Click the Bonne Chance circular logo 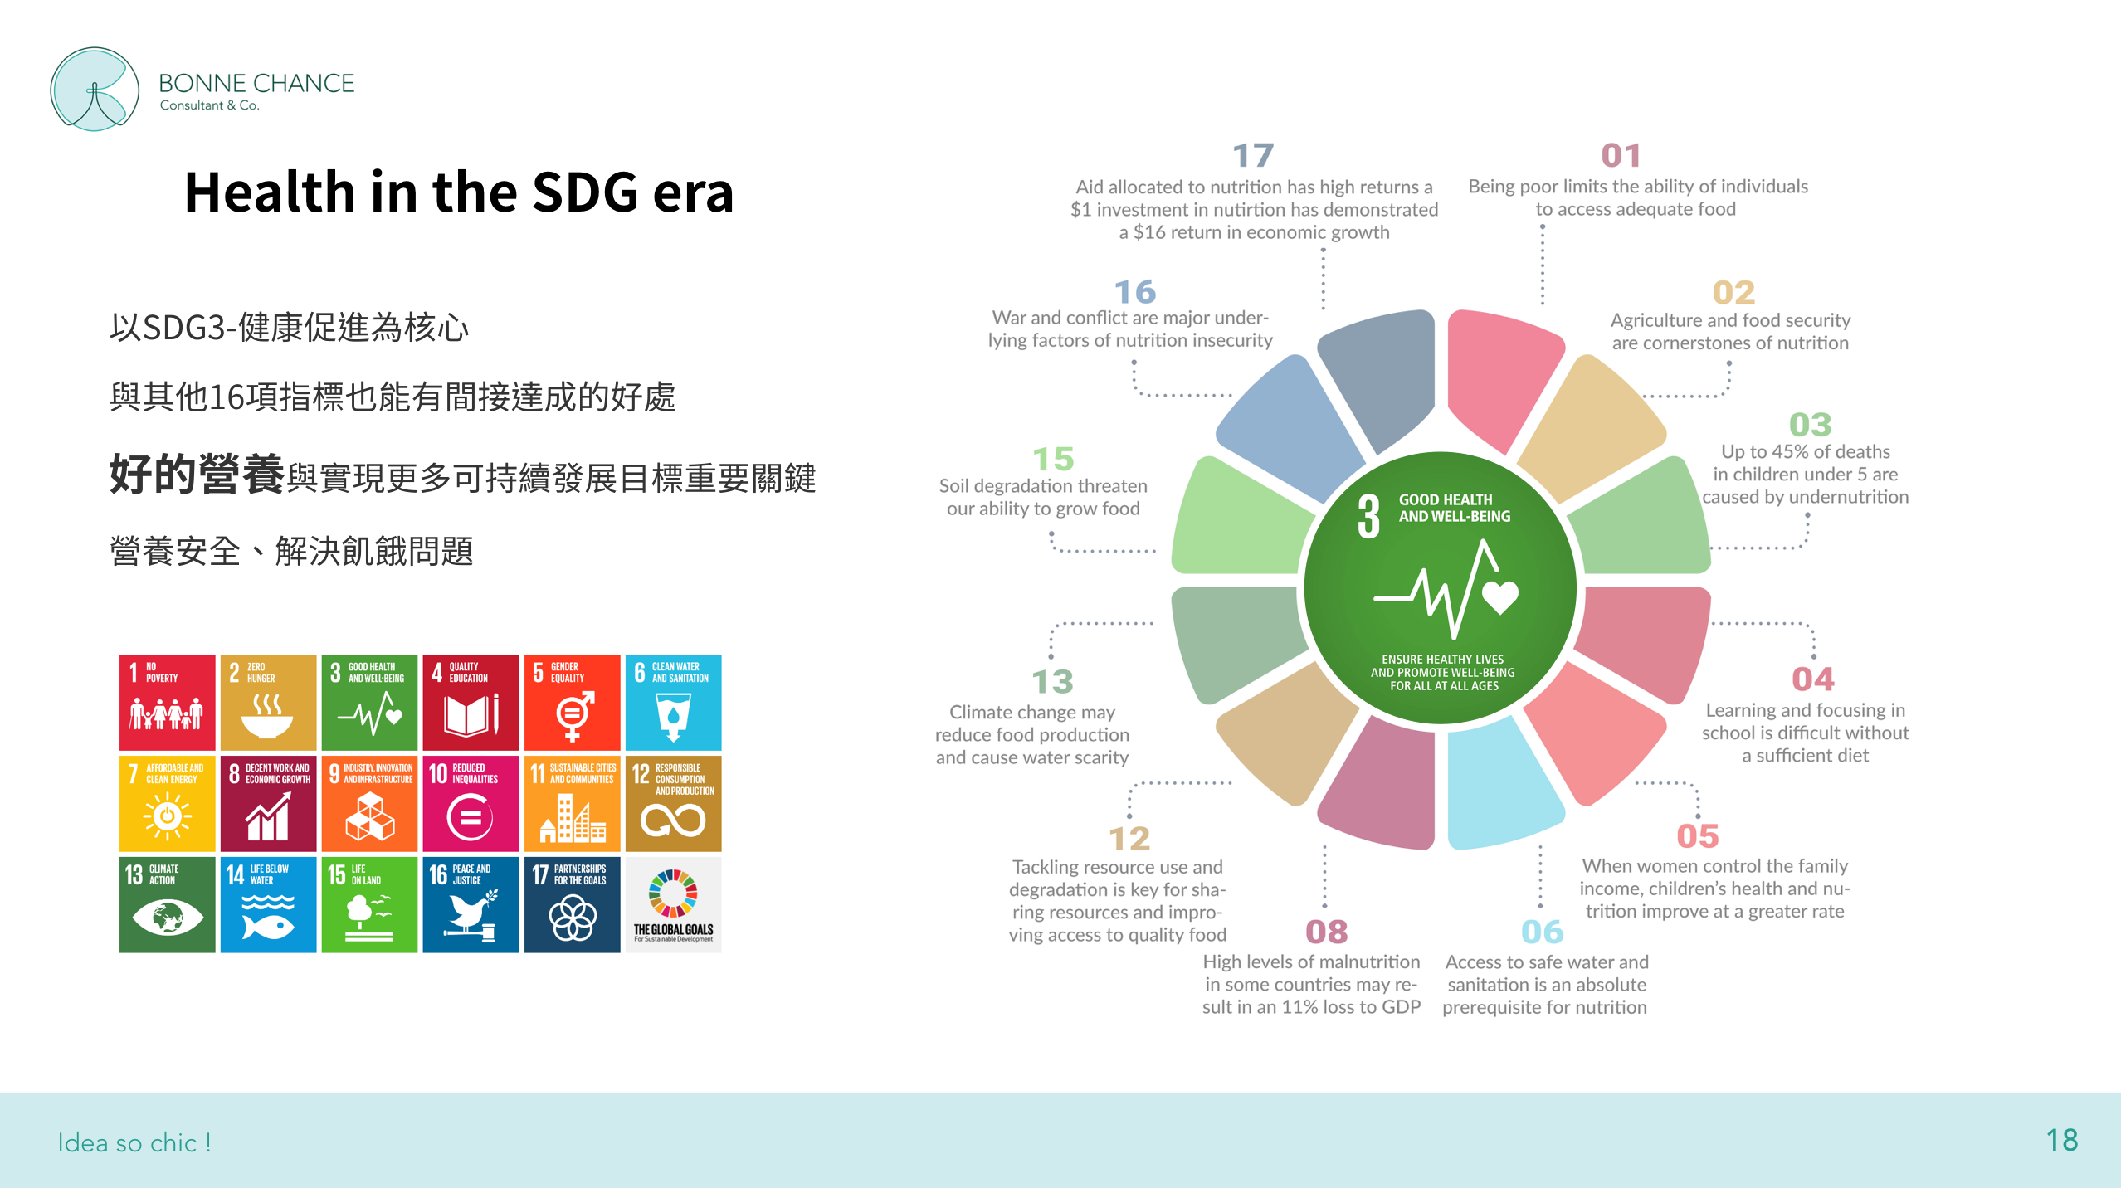click(x=95, y=89)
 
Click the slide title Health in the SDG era click(x=459, y=192)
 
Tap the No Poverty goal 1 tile click(x=168, y=703)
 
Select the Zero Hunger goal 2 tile click(x=269, y=703)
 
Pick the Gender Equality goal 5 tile click(x=573, y=703)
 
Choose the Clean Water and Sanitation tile click(x=674, y=703)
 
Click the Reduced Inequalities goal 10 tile click(x=471, y=804)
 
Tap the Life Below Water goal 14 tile click(x=269, y=905)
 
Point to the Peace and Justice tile click(x=471, y=905)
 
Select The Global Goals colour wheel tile click(x=674, y=905)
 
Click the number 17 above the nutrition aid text click(x=1253, y=155)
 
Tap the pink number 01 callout click(x=1621, y=155)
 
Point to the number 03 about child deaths click(x=1811, y=425)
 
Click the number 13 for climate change click(x=1053, y=682)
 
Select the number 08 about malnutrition click(x=1327, y=932)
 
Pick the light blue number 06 click(x=1543, y=932)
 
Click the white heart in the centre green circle click(x=1500, y=596)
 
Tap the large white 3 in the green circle click(x=1369, y=516)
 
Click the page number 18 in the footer click(x=2062, y=1141)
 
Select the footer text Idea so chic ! click(x=134, y=1142)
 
